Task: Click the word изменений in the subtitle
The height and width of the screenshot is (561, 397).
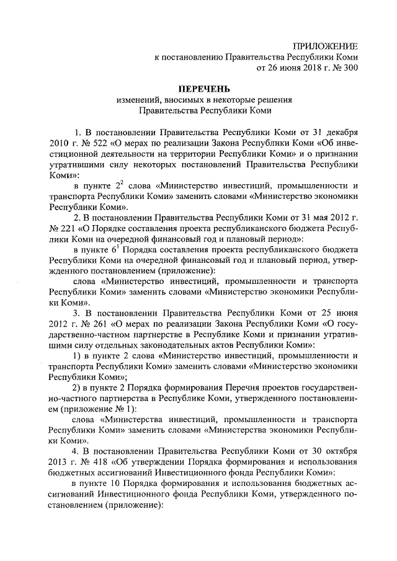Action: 139,100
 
